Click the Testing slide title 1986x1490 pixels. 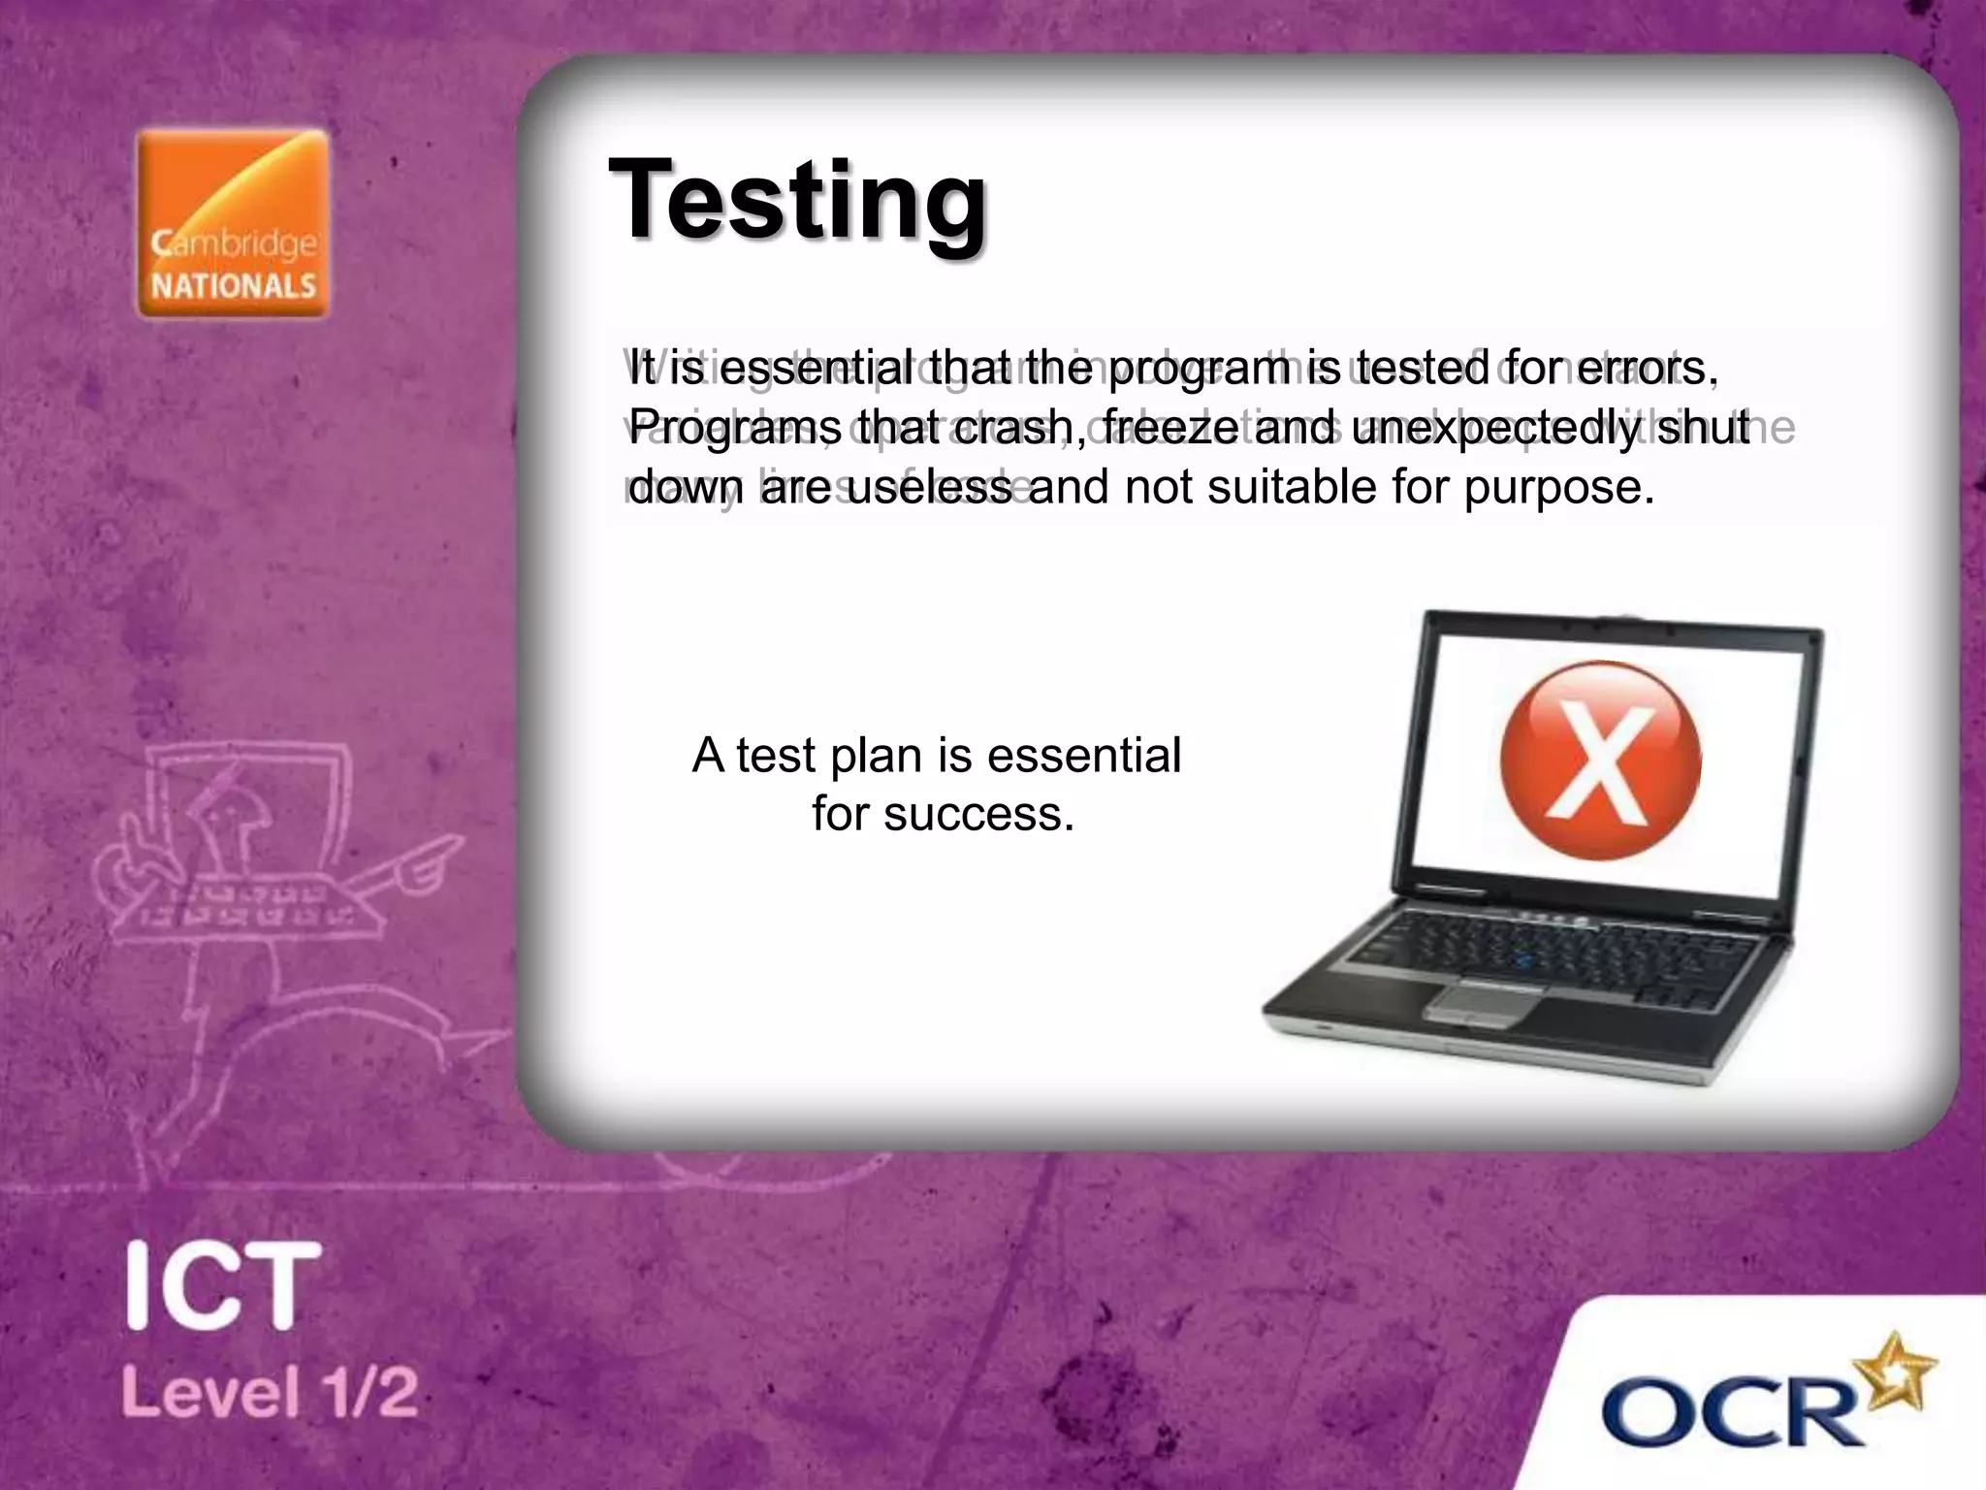click(x=797, y=201)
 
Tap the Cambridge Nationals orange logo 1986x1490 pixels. click(x=233, y=223)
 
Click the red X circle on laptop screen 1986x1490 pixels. click(x=1600, y=760)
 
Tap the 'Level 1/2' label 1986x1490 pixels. click(x=270, y=1393)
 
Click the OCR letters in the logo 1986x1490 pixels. click(x=1731, y=1412)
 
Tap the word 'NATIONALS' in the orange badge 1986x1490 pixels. click(x=234, y=286)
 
